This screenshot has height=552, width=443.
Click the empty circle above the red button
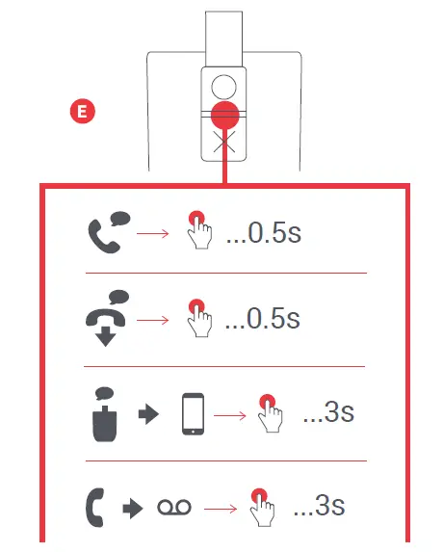pos(224,85)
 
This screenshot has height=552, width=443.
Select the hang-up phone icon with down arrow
pos(106,317)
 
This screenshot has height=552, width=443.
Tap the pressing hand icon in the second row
pos(199,317)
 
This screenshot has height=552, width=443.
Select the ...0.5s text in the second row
pos(263,319)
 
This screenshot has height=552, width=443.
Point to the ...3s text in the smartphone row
pos(328,414)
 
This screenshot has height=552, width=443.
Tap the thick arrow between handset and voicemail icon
pos(133,508)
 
